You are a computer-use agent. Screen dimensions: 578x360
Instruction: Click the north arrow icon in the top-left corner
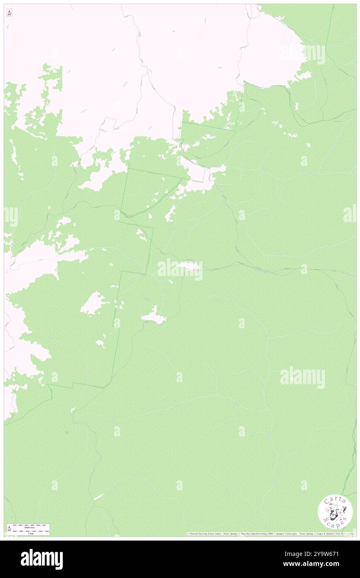9,13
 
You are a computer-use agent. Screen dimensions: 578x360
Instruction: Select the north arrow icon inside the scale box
10,529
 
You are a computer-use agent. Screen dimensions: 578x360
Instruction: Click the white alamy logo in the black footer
42,559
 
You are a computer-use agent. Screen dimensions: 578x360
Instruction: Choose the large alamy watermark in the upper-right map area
303,54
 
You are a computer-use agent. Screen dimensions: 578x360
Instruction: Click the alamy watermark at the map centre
180,269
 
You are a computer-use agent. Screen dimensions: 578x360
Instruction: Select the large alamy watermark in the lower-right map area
303,378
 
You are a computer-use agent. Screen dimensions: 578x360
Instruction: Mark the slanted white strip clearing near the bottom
98,497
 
